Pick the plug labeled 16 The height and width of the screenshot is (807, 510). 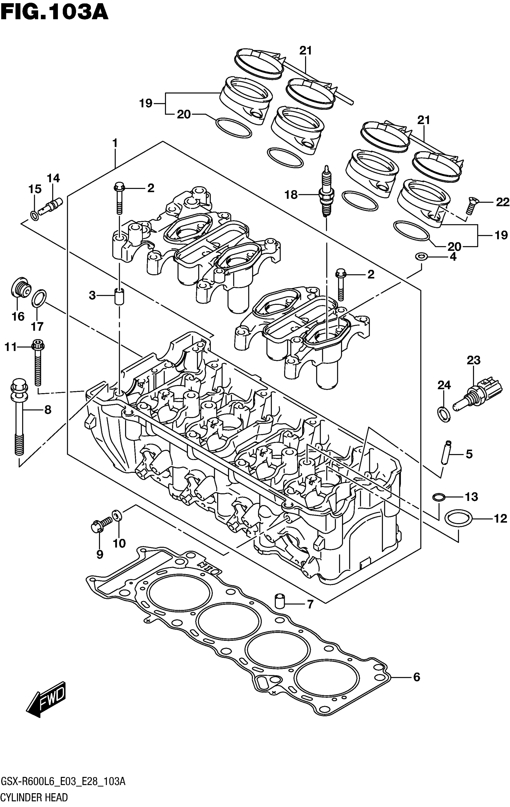[x=21, y=287]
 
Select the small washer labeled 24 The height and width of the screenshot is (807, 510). [x=444, y=414]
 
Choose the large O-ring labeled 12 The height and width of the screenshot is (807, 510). [x=458, y=519]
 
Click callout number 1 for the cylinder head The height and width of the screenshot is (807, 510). [x=115, y=144]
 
